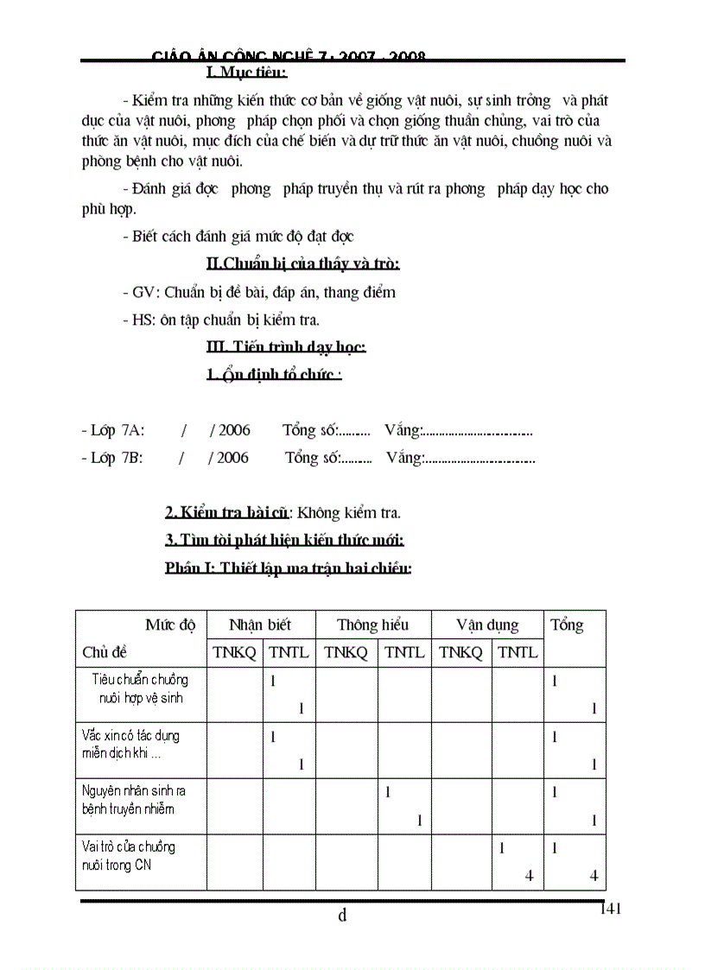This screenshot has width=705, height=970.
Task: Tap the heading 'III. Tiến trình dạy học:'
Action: (286, 347)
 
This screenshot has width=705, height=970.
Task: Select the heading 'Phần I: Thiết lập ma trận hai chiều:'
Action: (288, 568)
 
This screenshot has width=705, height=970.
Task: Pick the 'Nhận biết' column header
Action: (260, 624)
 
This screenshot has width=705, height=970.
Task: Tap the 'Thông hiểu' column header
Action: (372, 624)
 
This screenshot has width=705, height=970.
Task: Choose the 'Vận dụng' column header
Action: (487, 624)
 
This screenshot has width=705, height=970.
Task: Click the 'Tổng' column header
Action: (567, 624)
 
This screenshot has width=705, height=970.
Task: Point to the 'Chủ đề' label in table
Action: (105, 652)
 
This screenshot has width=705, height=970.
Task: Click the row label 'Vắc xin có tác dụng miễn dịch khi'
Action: (130, 744)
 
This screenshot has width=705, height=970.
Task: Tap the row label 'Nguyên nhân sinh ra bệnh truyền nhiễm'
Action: (133, 800)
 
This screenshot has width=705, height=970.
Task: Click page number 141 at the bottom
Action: (609, 908)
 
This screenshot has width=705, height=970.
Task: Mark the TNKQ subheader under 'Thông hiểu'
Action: (346, 653)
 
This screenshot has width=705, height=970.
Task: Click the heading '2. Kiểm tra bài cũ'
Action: (226, 513)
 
